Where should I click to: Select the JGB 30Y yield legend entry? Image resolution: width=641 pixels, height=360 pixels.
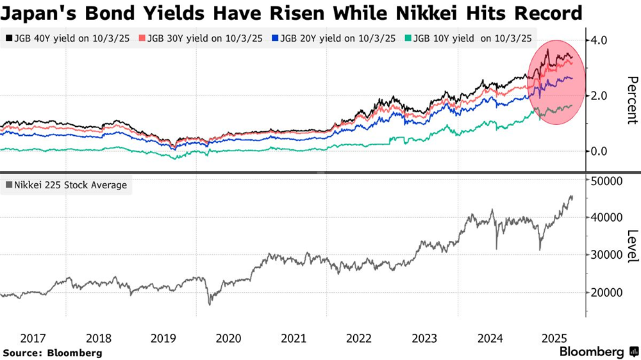(204, 38)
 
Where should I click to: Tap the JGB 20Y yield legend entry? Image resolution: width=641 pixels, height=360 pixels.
(340, 38)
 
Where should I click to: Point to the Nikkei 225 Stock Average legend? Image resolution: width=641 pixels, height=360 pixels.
(66, 186)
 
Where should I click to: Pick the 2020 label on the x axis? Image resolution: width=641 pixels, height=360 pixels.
(229, 338)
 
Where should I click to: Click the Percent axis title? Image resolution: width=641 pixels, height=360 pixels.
(631, 99)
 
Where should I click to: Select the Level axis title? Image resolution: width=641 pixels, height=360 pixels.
(631, 245)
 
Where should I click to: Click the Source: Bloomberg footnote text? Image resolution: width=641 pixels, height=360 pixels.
(53, 352)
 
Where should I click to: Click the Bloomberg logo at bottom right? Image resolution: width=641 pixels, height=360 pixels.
(596, 352)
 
